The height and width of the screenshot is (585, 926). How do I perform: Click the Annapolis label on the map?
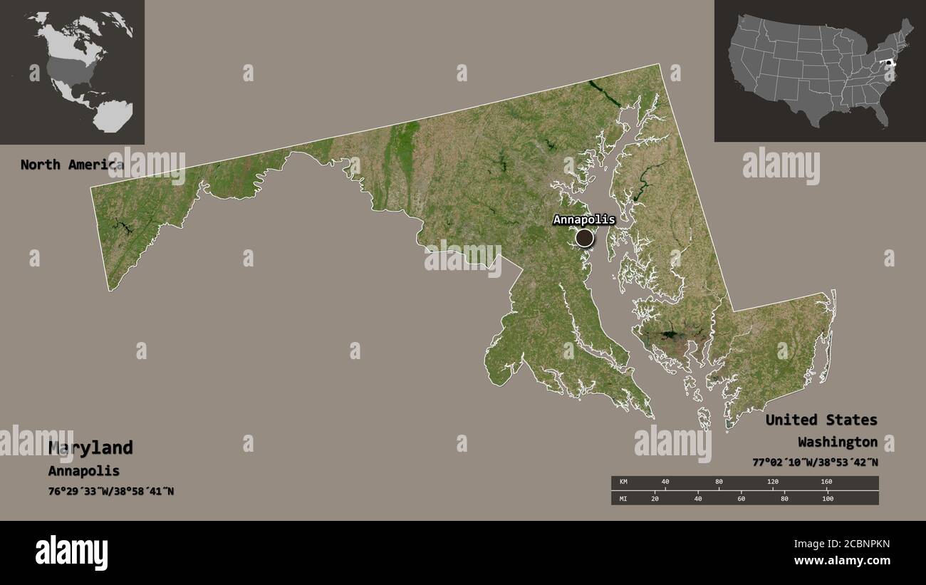pyautogui.click(x=583, y=219)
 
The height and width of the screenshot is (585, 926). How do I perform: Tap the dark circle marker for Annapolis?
pyautogui.click(x=584, y=238)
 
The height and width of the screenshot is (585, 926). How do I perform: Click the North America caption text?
pyautogui.click(x=71, y=165)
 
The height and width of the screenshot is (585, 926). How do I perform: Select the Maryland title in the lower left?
pyautogui.click(x=90, y=448)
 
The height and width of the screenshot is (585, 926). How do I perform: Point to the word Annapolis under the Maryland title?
pyautogui.click(x=83, y=471)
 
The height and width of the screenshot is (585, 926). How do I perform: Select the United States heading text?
pyautogui.click(x=821, y=420)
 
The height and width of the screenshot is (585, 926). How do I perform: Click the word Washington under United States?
pyautogui.click(x=837, y=442)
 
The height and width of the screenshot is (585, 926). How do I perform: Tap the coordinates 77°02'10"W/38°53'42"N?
pyautogui.click(x=814, y=462)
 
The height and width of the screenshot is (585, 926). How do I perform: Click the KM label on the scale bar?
pyautogui.click(x=624, y=482)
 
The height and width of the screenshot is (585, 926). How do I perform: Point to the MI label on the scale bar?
pyautogui.click(x=623, y=499)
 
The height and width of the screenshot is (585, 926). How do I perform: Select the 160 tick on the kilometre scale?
pyautogui.click(x=826, y=482)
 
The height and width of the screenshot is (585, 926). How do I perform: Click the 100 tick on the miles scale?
pyautogui.click(x=827, y=499)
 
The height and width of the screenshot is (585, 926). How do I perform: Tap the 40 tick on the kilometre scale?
pyautogui.click(x=665, y=482)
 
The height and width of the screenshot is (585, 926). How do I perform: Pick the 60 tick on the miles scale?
pyautogui.click(x=742, y=499)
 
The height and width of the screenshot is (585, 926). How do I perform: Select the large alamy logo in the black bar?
pyautogui.click(x=71, y=552)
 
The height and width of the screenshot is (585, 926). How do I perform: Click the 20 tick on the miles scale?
pyautogui.click(x=655, y=499)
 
